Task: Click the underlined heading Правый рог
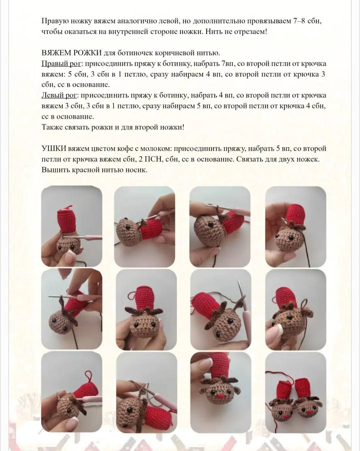click(x=61, y=64)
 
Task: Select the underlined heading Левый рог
click(x=59, y=95)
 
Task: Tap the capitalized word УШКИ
click(x=54, y=149)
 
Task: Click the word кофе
click(x=124, y=149)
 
